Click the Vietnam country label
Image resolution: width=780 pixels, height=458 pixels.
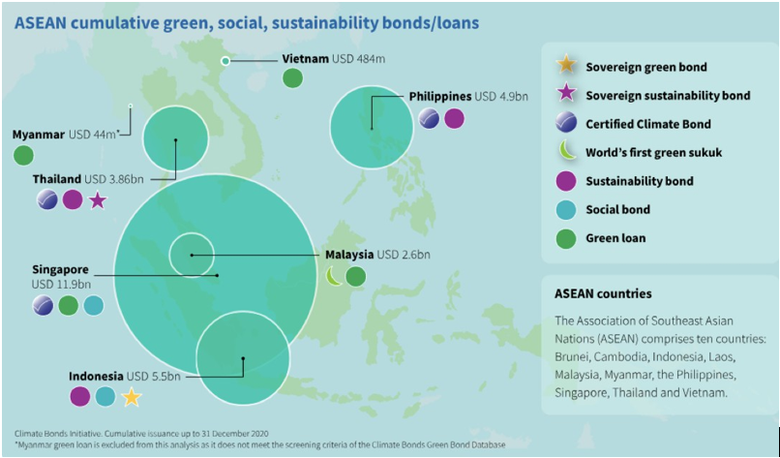(x=305, y=59)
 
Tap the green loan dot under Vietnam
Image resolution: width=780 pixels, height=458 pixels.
(x=292, y=78)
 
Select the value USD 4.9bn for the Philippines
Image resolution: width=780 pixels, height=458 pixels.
(x=501, y=97)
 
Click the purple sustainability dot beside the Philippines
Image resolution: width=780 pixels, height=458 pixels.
(x=454, y=119)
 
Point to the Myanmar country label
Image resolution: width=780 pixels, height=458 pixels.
(x=39, y=135)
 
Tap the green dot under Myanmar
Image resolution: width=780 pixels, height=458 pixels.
(x=23, y=155)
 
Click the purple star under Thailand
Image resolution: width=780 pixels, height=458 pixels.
(x=98, y=200)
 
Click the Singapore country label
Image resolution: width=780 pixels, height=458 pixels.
(x=60, y=270)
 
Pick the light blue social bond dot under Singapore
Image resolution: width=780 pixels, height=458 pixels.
(x=93, y=305)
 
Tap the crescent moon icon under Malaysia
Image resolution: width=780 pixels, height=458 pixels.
(x=334, y=276)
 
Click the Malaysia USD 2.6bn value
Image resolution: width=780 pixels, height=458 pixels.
(x=404, y=255)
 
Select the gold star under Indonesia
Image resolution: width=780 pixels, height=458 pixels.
(x=132, y=397)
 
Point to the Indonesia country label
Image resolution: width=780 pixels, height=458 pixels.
(x=96, y=376)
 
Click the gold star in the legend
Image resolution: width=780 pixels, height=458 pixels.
(x=566, y=66)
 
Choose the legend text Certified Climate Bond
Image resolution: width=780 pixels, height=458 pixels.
(x=648, y=124)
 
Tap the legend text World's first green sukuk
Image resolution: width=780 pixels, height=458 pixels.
(x=653, y=152)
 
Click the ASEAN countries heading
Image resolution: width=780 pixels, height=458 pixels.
(x=603, y=293)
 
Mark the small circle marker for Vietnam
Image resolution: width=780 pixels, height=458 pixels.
(x=225, y=61)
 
